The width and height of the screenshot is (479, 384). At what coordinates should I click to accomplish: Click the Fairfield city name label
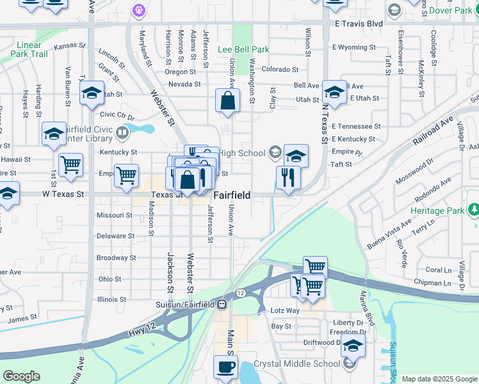(x=231, y=194)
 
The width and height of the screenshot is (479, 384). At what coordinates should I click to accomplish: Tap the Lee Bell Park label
(x=243, y=49)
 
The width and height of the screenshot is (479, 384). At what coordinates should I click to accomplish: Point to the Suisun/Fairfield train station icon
(x=221, y=304)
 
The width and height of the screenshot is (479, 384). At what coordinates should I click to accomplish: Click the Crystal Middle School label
(x=296, y=364)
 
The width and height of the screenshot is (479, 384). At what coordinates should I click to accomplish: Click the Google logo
(x=21, y=376)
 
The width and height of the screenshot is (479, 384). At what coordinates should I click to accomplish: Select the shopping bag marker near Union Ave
(x=228, y=101)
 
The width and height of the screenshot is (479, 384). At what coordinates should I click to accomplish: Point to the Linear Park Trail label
(x=30, y=49)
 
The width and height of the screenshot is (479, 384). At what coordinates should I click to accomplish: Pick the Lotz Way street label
(x=285, y=310)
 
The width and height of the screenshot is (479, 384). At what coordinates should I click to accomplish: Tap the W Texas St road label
(x=63, y=193)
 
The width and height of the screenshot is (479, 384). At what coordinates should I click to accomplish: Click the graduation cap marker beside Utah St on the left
(x=92, y=93)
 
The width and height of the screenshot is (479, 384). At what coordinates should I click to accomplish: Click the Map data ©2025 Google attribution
(x=439, y=379)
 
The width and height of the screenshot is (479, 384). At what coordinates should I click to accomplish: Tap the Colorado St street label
(x=279, y=69)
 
